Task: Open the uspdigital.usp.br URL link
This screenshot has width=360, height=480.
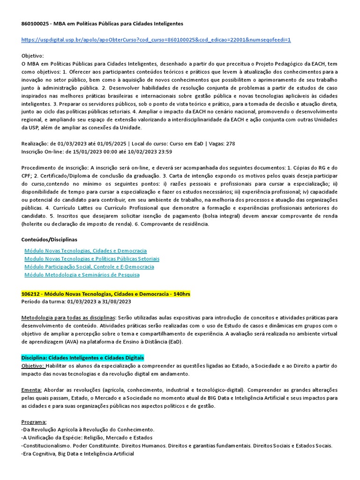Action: (x=156, y=40)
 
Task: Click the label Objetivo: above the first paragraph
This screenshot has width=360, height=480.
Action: (x=32, y=55)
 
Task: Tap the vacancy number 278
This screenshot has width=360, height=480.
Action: (x=230, y=143)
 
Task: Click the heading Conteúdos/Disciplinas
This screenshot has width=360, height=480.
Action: (x=49, y=240)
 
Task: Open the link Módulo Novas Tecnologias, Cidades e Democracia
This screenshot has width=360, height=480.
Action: (x=85, y=251)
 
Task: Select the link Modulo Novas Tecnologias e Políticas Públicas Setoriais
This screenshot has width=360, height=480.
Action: (x=92, y=259)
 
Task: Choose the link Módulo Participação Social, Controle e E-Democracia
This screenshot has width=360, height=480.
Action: (x=89, y=267)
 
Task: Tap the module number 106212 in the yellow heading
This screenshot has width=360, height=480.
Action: (x=31, y=294)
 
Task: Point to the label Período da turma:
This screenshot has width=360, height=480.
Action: (x=43, y=301)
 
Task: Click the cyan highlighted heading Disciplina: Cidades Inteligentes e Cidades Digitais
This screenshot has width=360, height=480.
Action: (x=83, y=358)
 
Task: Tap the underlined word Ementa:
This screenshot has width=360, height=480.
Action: (x=32, y=390)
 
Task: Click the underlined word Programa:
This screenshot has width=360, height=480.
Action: (x=34, y=422)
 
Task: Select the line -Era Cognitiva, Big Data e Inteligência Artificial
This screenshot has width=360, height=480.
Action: (x=78, y=454)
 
